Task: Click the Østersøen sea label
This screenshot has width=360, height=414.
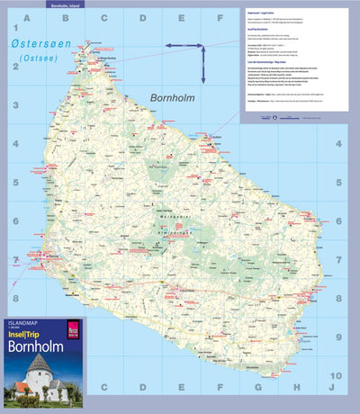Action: (x=39, y=44)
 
